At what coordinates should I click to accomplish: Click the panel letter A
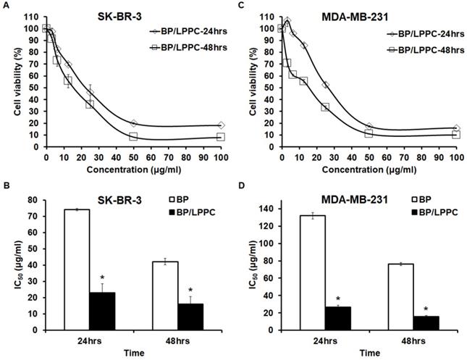pos(6,7)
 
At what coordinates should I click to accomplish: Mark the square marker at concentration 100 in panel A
pos(221,137)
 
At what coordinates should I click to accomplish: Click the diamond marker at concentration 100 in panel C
pos(455,129)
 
